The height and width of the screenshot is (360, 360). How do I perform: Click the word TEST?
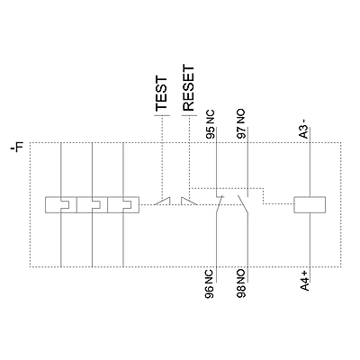coord(161,94)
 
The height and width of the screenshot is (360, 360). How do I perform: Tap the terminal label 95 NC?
coord(211,124)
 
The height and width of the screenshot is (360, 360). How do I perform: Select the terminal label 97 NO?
coord(241,124)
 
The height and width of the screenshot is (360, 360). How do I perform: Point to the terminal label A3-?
coord(304,129)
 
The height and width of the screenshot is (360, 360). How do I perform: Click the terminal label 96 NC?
coord(210,284)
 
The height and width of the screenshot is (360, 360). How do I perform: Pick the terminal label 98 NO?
coord(241,283)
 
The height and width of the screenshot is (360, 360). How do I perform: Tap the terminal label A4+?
coord(304,281)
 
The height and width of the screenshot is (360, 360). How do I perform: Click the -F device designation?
coord(17,148)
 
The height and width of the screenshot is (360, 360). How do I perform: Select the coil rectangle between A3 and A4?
coord(310,205)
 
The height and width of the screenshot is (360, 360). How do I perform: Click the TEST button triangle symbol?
coord(162,201)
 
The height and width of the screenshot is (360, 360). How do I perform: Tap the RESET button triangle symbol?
coord(189,201)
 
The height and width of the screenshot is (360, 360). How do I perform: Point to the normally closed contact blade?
coord(219,205)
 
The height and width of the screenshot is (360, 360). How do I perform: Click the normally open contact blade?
coord(243,205)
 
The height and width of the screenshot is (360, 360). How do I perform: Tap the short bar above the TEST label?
coord(162,115)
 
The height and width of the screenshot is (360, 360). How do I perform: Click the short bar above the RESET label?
coord(189,115)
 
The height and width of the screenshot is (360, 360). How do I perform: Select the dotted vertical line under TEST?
coord(162,157)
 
